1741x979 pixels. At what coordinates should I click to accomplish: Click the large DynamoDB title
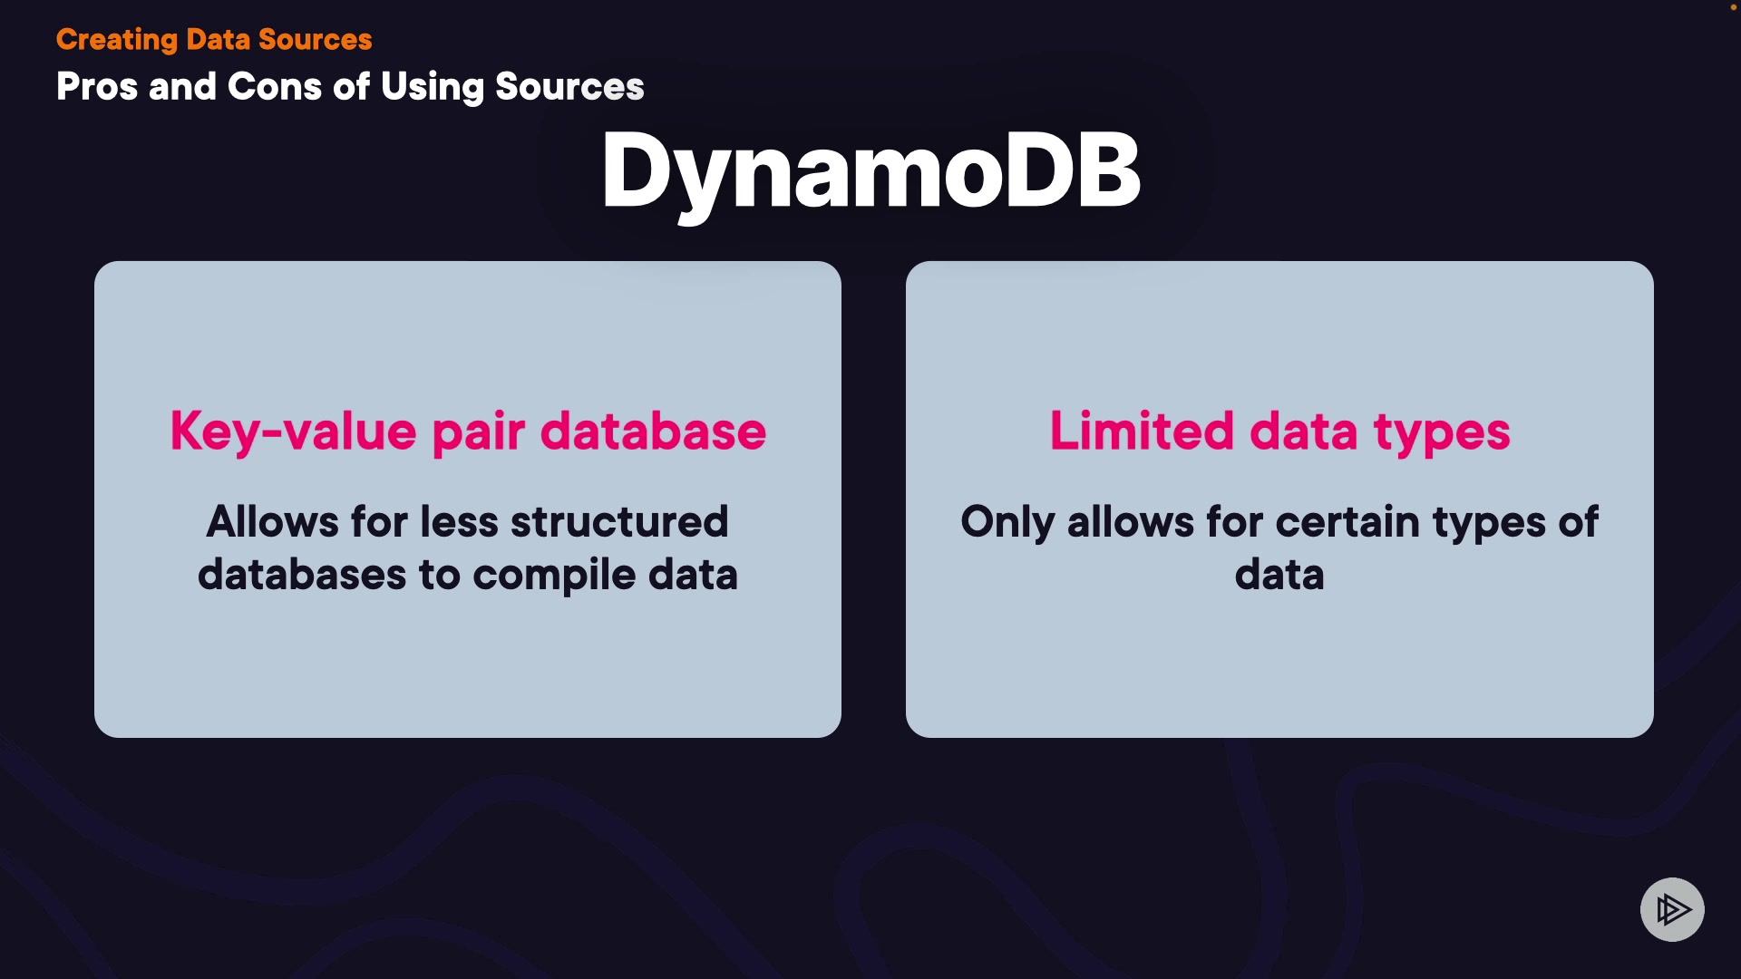point(870,172)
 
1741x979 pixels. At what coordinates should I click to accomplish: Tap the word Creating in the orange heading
point(117,40)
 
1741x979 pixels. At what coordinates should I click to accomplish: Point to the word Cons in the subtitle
point(275,87)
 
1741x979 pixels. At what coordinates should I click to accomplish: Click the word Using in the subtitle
point(433,88)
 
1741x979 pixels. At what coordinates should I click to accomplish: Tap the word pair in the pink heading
point(478,432)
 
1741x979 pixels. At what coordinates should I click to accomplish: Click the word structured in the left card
point(619,521)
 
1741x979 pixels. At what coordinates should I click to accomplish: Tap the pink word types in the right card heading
point(1442,432)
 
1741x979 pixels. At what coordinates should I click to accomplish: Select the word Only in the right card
point(1007,522)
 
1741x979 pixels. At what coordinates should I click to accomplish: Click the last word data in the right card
point(1279,575)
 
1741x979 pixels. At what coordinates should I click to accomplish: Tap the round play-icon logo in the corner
point(1672,909)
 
